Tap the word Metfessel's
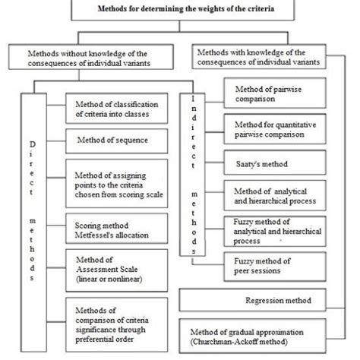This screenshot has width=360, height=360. click(x=95, y=235)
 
